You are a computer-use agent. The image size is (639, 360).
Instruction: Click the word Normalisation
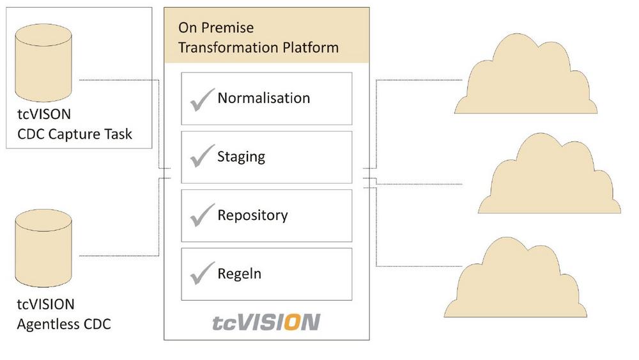263,98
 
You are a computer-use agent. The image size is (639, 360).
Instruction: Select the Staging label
241,157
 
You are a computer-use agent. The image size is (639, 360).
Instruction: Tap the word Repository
252,215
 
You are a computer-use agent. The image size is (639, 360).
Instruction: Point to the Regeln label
239,274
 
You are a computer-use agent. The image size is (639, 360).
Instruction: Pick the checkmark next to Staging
202,156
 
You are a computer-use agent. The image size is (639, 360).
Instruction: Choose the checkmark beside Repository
202,215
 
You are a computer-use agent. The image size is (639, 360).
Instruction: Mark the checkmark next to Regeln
202,274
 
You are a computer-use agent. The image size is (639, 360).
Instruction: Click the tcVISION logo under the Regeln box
266,322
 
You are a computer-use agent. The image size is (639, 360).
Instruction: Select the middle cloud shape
549,175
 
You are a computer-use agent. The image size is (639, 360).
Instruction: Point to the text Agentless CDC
63,324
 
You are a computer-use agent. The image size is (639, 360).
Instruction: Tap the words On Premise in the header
216,28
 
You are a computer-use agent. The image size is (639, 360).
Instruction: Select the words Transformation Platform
258,48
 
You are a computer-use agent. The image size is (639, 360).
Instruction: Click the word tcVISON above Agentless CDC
45,304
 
